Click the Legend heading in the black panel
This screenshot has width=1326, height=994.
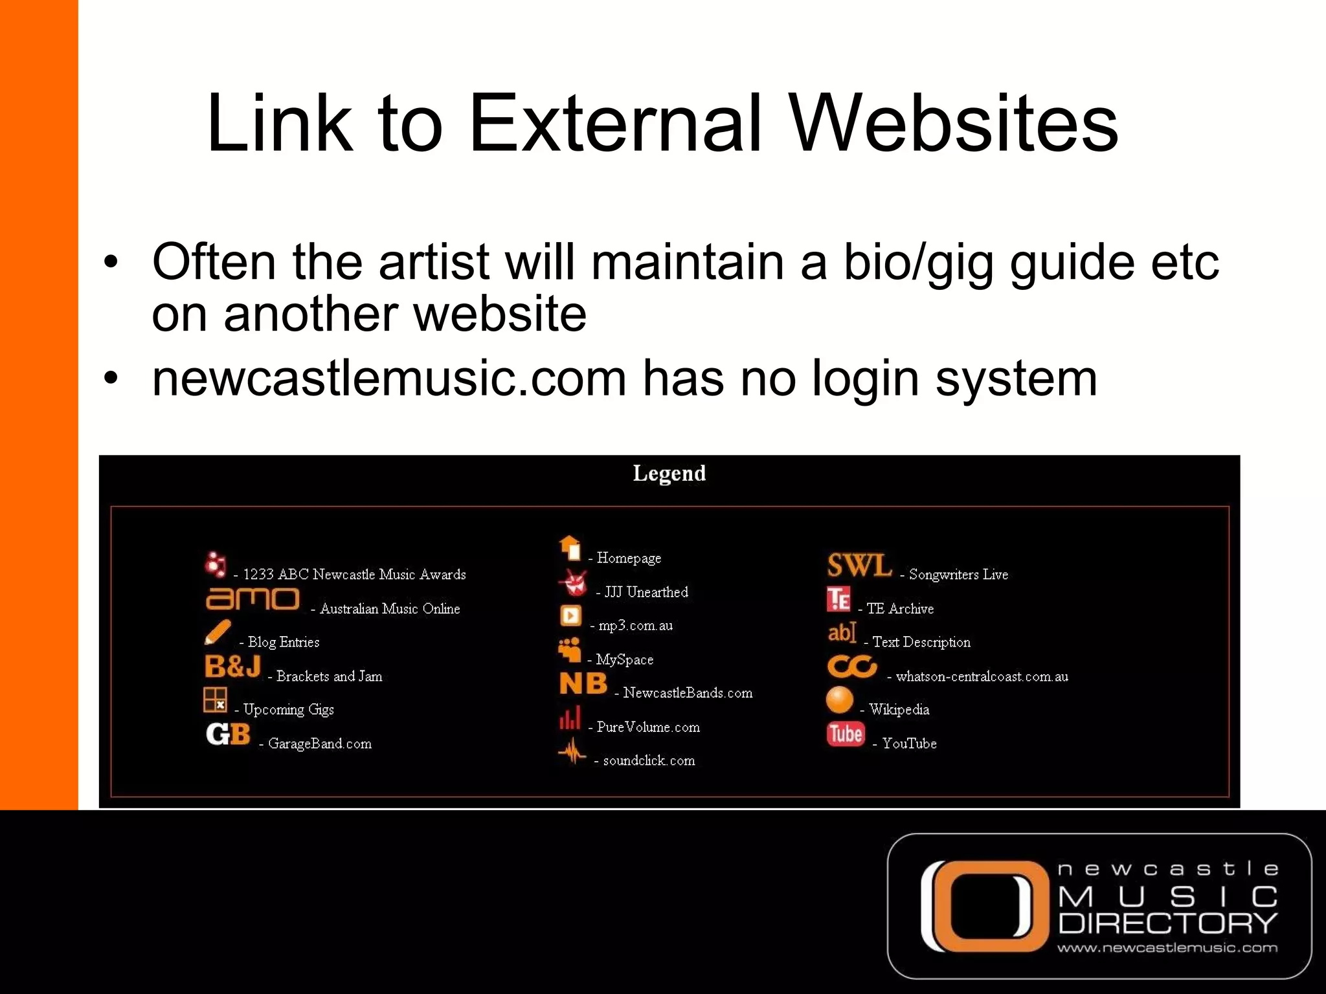point(669,474)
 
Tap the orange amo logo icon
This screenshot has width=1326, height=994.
point(253,599)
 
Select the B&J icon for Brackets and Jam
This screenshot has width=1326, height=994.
point(232,667)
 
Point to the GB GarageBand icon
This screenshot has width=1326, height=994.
point(228,734)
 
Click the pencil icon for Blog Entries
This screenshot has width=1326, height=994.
point(218,632)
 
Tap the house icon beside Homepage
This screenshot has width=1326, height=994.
point(570,548)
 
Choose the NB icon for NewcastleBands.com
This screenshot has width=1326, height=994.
point(583,683)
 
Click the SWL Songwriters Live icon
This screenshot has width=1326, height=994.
point(859,565)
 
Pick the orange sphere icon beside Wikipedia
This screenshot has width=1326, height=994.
point(840,700)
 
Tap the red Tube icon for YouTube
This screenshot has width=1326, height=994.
point(845,734)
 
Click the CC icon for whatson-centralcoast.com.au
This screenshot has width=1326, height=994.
point(851,667)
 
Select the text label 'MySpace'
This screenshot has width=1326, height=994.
point(624,659)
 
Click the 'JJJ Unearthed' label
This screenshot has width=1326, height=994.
point(646,592)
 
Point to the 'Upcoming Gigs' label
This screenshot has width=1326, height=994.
point(288,710)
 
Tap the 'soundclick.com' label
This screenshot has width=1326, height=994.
point(649,761)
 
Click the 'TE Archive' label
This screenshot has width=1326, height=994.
point(900,609)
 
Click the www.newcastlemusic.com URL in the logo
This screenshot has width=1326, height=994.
point(1167,948)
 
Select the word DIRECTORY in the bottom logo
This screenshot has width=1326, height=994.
point(1167,923)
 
